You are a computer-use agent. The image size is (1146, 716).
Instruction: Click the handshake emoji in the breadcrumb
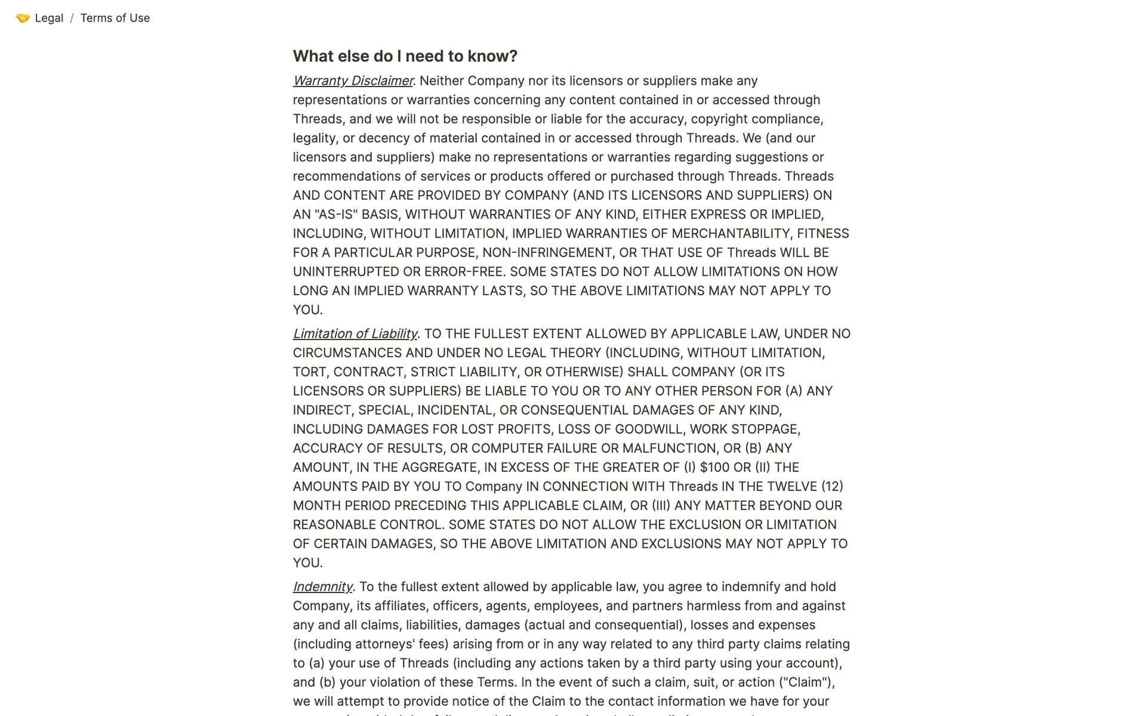click(23, 18)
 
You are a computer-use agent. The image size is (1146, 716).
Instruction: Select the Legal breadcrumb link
click(49, 18)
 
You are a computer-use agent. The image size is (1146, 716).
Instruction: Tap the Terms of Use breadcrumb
click(115, 18)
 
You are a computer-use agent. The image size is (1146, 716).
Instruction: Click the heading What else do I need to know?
click(405, 56)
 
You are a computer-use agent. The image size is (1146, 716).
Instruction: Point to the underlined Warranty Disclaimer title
click(353, 81)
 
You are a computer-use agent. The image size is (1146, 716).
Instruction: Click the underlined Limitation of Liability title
click(355, 334)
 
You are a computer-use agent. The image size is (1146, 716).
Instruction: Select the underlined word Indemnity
click(322, 587)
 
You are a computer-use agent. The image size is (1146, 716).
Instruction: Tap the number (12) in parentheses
click(832, 486)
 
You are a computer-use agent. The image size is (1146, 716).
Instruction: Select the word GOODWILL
click(649, 429)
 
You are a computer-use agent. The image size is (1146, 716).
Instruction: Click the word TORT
click(309, 372)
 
